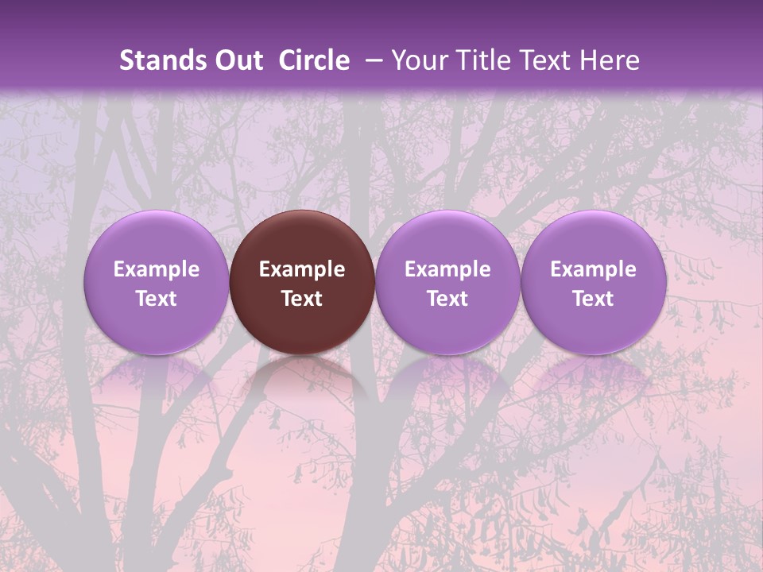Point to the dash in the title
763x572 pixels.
[374, 60]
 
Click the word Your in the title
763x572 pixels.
[419, 60]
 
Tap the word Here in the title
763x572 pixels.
[608, 60]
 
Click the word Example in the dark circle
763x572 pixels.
[302, 269]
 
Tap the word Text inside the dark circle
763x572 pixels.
[302, 299]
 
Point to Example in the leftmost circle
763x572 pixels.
[157, 269]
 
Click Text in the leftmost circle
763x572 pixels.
[157, 299]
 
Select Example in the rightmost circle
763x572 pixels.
[594, 269]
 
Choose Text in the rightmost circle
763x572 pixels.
[594, 299]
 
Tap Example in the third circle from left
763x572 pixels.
[447, 269]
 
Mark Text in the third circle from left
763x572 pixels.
[447, 299]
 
